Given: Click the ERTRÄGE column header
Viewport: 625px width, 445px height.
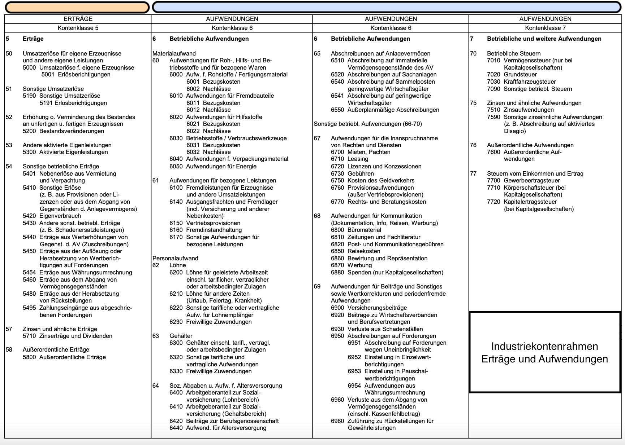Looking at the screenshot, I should point(78,19).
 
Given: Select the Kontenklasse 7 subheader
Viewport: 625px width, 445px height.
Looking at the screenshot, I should point(545,28).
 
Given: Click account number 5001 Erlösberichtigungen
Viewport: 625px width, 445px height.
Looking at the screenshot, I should point(76,75).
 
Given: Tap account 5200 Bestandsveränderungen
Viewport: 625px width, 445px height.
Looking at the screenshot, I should point(63,131).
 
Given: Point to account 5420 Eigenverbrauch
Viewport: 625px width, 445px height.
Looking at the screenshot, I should point(52,216).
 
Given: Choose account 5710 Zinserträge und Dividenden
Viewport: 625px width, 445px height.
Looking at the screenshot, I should point(67,336).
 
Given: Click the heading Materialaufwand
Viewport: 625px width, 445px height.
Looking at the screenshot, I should point(174,53).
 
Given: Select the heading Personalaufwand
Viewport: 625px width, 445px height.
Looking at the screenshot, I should point(175,258).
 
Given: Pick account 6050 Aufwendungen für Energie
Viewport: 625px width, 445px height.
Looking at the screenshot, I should point(213,166).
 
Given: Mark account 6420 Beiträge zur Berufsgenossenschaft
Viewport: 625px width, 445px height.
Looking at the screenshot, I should point(224,421).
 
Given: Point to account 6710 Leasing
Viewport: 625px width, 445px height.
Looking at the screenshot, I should point(349,159).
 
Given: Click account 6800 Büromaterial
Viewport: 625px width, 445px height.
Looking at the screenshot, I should point(356,230).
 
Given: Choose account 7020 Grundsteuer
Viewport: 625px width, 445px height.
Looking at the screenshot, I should point(512,75).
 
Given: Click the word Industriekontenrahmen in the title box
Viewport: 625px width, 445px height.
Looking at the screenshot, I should point(544,346).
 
